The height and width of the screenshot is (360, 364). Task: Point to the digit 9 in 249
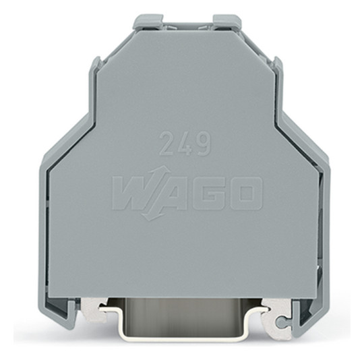[x=203, y=144]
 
